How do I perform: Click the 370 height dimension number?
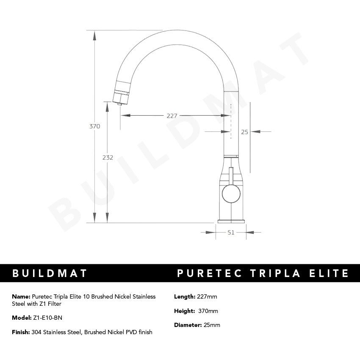click(x=94, y=126)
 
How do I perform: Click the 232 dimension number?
click(x=108, y=157)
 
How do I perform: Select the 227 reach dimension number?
click(x=172, y=115)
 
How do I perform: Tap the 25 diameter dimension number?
click(x=244, y=132)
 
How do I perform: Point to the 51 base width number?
click(x=231, y=232)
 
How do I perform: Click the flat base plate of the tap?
click(x=231, y=221)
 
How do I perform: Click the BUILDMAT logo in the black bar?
click(x=50, y=273)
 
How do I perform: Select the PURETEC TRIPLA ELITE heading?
click(x=263, y=273)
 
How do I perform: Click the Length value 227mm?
click(x=207, y=296)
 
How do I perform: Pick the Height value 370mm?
click(x=208, y=311)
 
